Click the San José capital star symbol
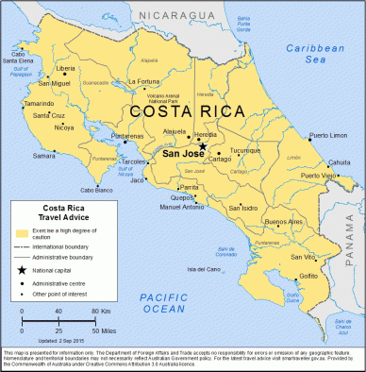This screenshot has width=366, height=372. click(x=202, y=146)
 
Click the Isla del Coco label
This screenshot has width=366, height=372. click(x=205, y=269)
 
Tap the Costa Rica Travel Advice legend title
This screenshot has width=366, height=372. click(x=55, y=214)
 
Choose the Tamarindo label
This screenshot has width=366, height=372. click(x=40, y=103)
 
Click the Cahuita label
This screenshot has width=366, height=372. click(x=340, y=162)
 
